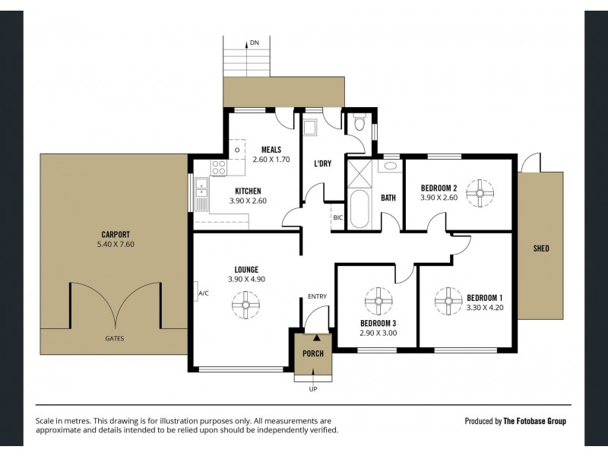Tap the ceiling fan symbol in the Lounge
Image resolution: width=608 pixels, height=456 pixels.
(246, 306)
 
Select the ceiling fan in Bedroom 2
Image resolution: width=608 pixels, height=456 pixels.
(480, 193)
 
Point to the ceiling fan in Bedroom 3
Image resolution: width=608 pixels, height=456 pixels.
(377, 300)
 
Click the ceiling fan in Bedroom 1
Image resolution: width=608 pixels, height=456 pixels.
(448, 299)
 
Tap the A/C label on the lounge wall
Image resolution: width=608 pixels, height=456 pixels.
(203, 293)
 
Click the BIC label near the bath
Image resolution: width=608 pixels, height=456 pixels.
(337, 217)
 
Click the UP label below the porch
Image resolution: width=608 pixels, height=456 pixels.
(312, 389)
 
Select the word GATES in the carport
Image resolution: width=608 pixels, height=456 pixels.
(115, 338)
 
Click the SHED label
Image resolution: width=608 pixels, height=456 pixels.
(541, 249)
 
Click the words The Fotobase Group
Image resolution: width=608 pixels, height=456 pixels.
(535, 421)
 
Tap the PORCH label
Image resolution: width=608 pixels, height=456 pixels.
(312, 353)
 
